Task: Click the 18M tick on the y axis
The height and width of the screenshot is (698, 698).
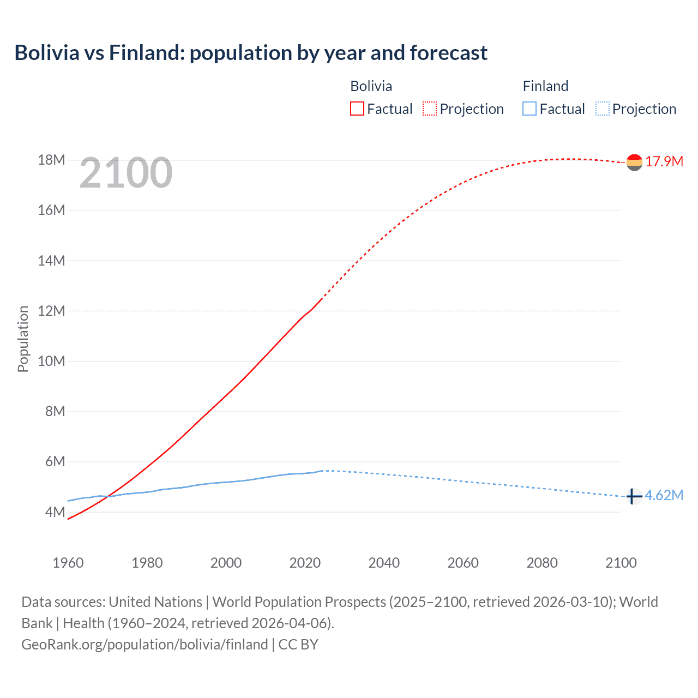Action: point(51,160)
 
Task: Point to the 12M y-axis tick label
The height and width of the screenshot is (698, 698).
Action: point(51,311)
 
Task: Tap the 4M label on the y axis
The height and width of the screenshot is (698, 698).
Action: point(55,512)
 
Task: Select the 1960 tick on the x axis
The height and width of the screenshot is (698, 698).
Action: point(68,563)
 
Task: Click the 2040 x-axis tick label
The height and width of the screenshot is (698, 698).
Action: point(384,563)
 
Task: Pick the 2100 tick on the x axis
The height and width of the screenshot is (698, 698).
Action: point(621,563)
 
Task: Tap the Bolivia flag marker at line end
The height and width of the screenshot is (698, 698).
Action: point(634,162)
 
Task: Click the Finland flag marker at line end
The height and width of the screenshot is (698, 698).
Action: point(633,496)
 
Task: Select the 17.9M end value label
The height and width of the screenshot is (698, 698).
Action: point(664,161)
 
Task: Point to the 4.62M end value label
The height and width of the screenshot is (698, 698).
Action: point(664,495)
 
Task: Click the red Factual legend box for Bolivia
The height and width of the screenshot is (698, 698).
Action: point(357,109)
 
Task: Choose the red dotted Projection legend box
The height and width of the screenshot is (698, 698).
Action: point(430,109)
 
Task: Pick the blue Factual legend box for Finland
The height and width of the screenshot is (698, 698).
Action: point(529,109)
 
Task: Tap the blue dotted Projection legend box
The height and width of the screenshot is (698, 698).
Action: point(603,109)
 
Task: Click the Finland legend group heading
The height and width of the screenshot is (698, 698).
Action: point(545,86)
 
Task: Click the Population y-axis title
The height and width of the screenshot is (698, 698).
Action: point(23,339)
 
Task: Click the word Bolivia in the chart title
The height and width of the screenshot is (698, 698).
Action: point(47,53)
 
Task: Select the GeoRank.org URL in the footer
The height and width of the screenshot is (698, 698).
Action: point(145,645)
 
